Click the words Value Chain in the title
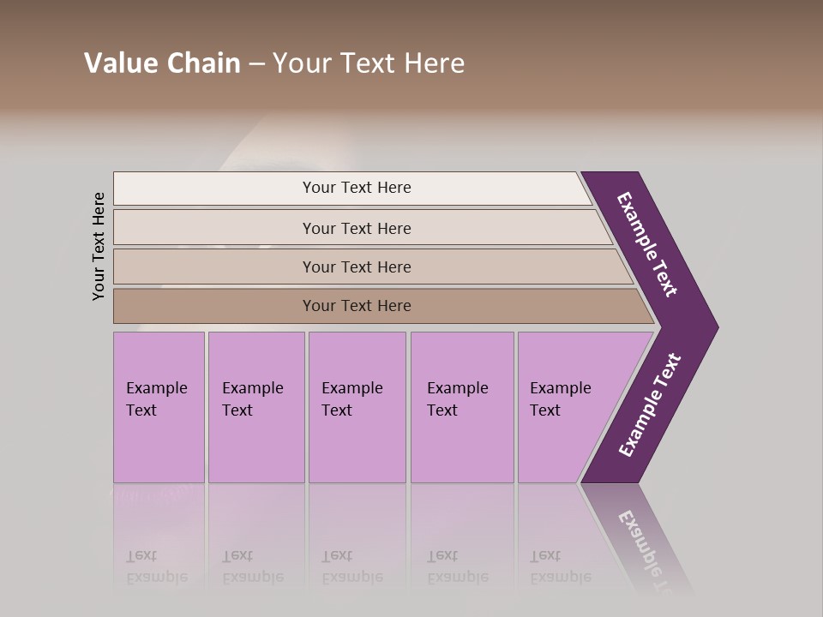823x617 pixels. click(162, 63)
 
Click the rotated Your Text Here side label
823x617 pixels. click(99, 246)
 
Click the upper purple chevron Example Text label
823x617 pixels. click(647, 244)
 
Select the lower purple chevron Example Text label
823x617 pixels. click(649, 405)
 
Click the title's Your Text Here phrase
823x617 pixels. click(369, 63)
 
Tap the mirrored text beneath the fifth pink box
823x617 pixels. click(560, 566)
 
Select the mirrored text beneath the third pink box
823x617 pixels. click(351, 566)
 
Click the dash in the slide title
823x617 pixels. click(256, 64)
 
